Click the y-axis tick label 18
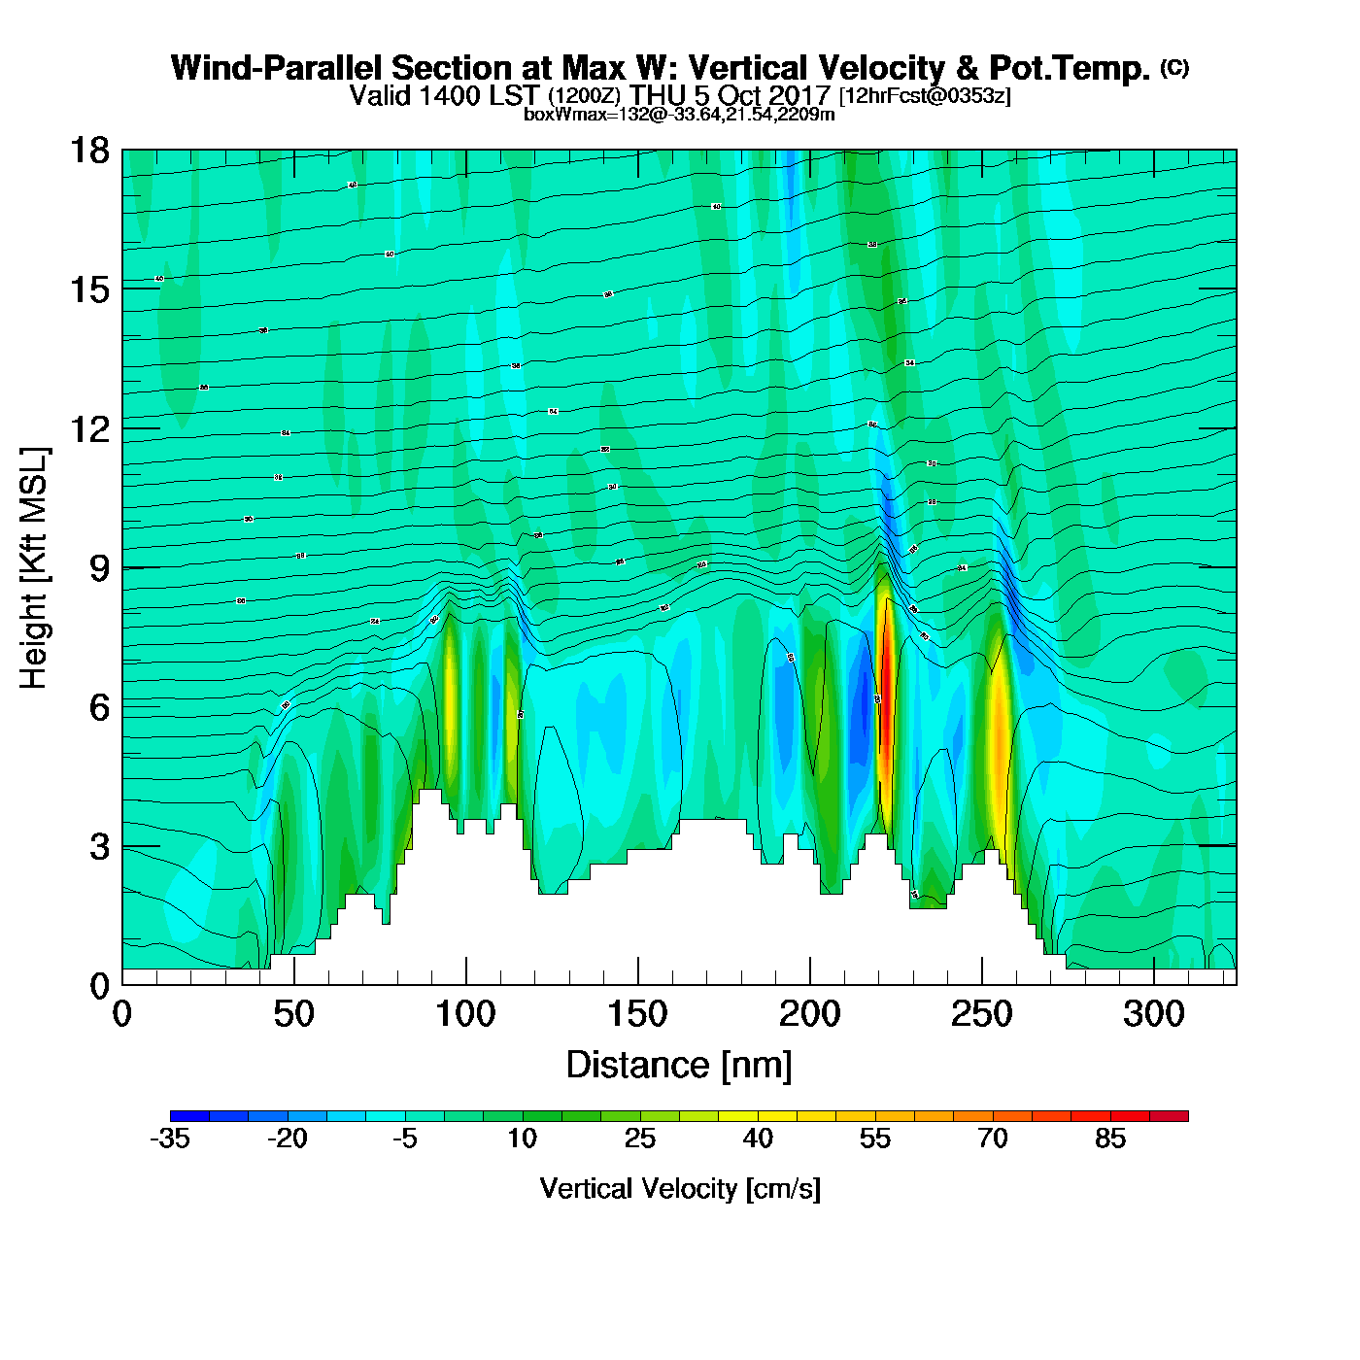coord(88,151)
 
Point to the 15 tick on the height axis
coord(88,289)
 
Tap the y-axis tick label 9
coord(99,568)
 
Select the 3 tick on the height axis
coord(99,847)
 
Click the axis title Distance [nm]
coord(679,1066)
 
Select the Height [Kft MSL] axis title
coord(34,568)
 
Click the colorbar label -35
coord(170,1139)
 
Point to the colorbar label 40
coord(758,1139)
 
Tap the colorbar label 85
coord(1110,1139)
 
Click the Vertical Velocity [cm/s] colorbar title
coord(680,1189)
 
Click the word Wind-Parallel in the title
coord(277,69)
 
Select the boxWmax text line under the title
coord(679,115)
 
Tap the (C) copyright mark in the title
coord(1174,67)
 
